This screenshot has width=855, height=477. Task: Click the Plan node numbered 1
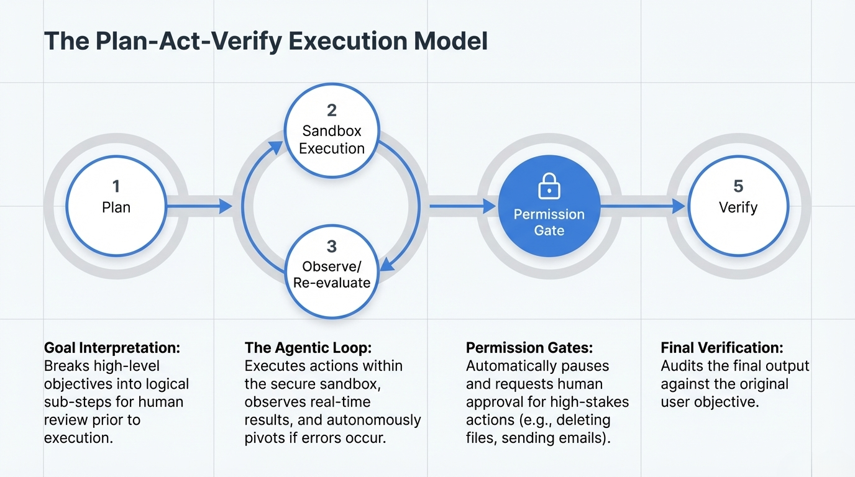(x=116, y=205)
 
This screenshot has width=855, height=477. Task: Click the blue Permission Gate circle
(x=549, y=205)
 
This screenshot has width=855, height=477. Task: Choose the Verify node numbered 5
(x=738, y=205)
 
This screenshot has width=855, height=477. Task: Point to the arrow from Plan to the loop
(x=199, y=206)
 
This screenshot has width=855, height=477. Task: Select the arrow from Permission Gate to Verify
(x=643, y=206)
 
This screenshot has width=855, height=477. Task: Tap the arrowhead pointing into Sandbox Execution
(x=273, y=148)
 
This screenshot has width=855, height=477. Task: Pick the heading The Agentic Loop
(x=308, y=348)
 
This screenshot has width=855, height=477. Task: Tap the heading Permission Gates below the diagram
(x=529, y=348)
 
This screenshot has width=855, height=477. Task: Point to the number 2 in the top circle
(x=332, y=111)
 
